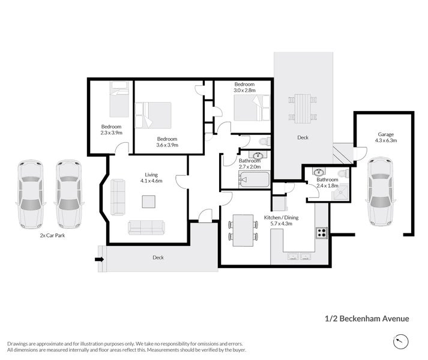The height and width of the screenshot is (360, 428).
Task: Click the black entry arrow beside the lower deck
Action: point(100,259)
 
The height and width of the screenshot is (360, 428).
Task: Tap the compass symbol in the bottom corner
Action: point(401,341)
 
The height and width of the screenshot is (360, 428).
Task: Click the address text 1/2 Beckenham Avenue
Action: point(367,319)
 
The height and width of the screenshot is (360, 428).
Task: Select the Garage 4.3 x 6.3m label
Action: point(386,137)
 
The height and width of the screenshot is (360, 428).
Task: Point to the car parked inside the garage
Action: point(380,191)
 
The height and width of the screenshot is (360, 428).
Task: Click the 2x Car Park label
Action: point(52,235)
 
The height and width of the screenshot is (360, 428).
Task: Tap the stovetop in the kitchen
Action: point(322,233)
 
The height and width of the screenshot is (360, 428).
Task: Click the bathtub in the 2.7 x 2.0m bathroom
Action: point(254,179)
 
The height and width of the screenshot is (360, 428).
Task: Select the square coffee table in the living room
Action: point(149,202)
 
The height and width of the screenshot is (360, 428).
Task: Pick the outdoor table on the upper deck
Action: point(303,109)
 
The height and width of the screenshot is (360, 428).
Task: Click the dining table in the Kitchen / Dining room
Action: point(243,230)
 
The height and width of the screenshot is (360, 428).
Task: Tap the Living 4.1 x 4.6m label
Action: point(151,178)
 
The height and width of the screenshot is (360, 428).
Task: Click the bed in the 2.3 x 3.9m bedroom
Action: point(119,100)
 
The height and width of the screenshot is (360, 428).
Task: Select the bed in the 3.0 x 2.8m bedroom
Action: point(252,107)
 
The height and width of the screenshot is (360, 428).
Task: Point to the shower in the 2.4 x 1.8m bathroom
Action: point(340,192)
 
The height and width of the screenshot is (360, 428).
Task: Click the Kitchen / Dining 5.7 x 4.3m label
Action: point(281,221)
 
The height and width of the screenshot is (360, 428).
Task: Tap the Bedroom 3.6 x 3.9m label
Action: point(167,142)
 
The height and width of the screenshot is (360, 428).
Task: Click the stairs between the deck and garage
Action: point(343,154)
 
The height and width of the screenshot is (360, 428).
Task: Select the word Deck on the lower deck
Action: point(158,257)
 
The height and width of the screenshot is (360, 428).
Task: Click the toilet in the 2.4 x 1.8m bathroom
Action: point(343,173)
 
